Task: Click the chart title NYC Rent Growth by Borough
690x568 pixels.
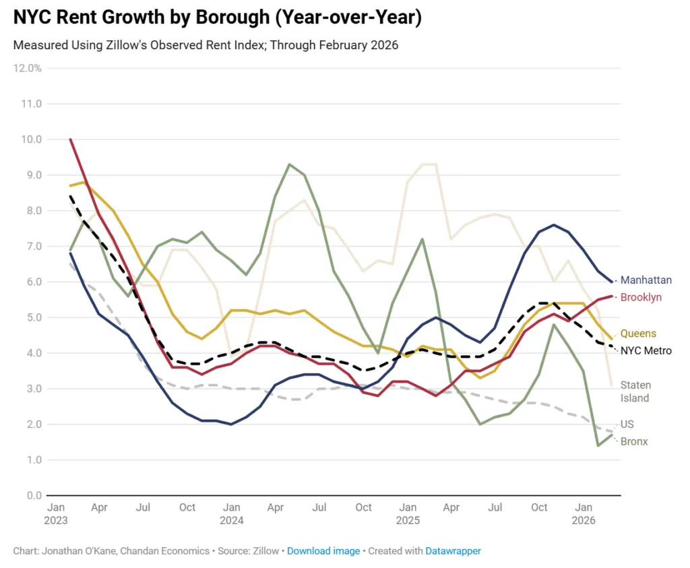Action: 217,18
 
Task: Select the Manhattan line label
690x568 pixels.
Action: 646,280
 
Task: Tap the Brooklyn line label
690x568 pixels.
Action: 641,297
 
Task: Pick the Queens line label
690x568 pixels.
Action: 638,334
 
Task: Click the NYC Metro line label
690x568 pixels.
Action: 646,350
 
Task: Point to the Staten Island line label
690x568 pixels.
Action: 635,391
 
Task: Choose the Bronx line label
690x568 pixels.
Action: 634,441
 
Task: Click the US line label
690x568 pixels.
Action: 627,424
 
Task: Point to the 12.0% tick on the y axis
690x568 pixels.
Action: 27,68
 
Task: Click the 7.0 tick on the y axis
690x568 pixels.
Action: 33,247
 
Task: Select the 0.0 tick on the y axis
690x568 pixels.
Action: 33,496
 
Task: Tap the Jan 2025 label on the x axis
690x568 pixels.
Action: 408,513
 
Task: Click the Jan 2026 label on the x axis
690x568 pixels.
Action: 584,513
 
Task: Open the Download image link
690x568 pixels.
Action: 323,550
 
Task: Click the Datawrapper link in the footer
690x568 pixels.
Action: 453,550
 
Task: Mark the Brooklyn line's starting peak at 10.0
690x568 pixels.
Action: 70,139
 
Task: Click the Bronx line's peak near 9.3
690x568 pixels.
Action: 289,164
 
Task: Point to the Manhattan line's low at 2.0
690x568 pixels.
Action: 231,424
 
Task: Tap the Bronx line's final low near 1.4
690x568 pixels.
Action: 598,445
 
